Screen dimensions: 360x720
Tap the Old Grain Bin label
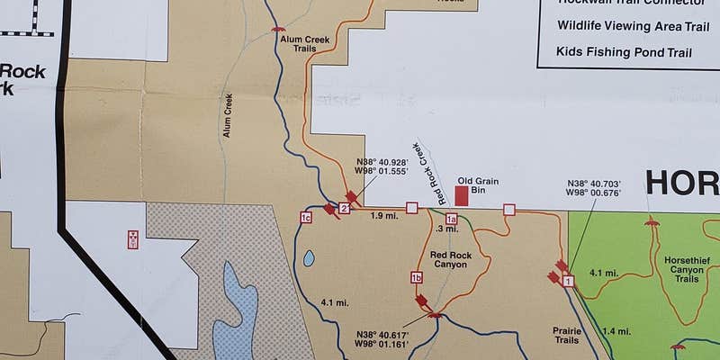[x=478, y=185]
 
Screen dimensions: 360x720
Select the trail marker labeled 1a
[x=451, y=219]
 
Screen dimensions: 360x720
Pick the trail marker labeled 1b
[x=417, y=276]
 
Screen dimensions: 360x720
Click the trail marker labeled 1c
[x=306, y=218]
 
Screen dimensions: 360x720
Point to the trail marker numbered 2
[x=344, y=209]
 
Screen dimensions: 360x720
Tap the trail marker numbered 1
[x=568, y=282]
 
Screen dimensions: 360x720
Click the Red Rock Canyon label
[x=450, y=259]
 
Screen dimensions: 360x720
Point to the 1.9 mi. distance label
[x=383, y=216]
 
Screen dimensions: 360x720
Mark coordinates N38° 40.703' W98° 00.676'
[x=593, y=186]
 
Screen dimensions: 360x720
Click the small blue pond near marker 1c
[x=310, y=258]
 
